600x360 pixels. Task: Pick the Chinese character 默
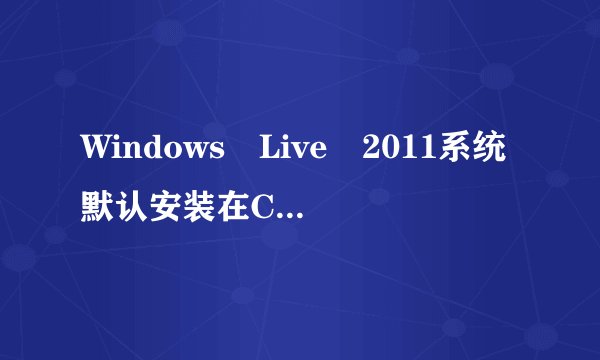[x=101, y=207]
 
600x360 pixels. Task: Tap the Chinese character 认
[x=143, y=207]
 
